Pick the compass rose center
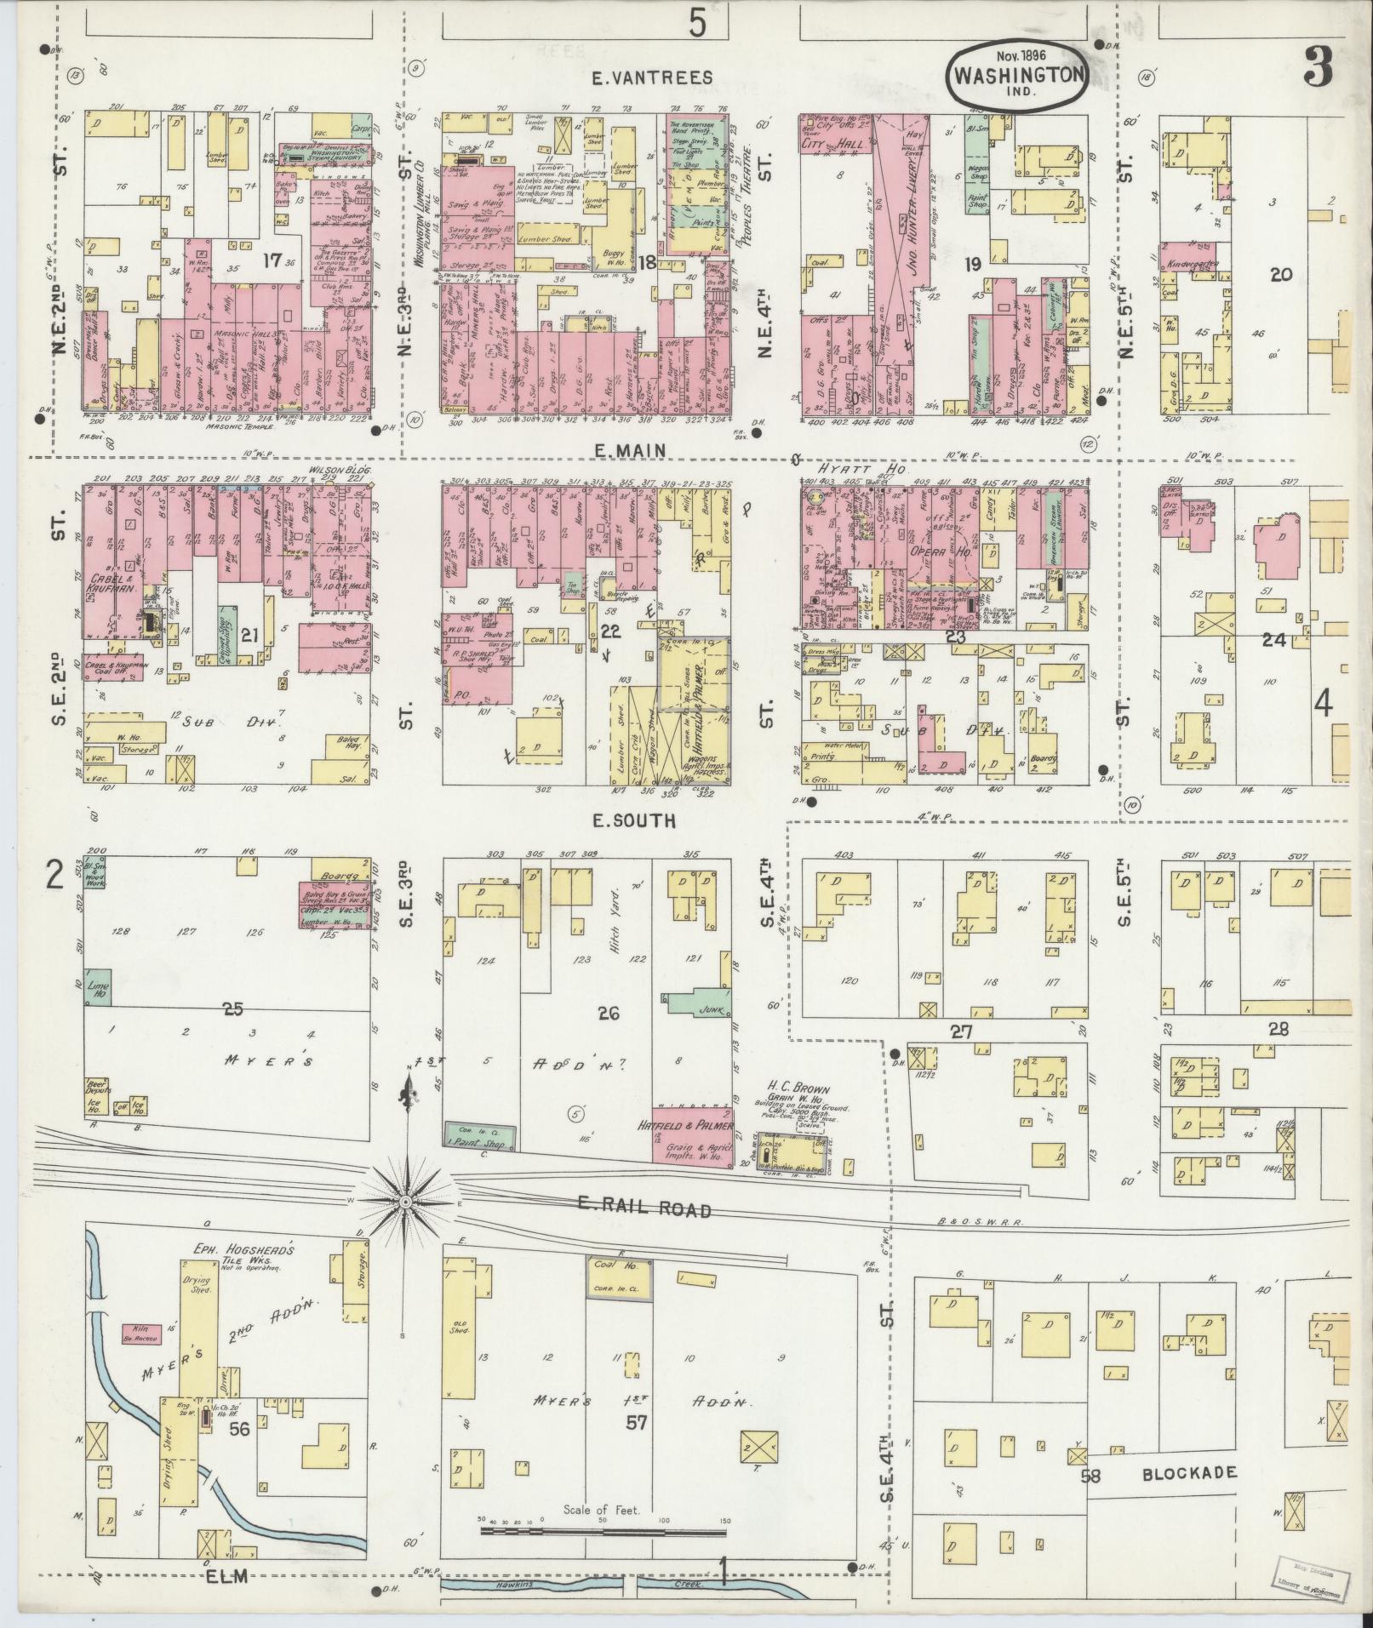[407, 1201]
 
